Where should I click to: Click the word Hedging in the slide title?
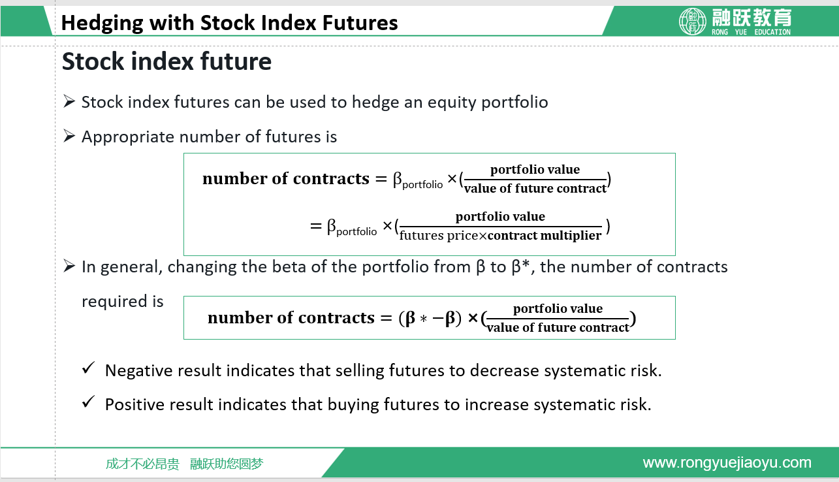click(x=102, y=24)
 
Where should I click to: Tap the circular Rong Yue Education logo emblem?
click(x=693, y=22)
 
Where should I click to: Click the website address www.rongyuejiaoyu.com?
click(x=727, y=462)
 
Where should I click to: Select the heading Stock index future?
click(x=166, y=61)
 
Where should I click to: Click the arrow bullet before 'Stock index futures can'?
click(x=69, y=101)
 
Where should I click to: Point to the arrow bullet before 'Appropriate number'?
click(x=69, y=136)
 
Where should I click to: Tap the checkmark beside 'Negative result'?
click(x=89, y=368)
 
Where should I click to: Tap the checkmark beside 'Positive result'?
click(x=89, y=402)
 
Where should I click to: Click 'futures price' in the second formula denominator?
click(x=439, y=236)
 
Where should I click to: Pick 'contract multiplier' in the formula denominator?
click(x=545, y=235)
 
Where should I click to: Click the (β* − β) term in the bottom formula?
click(x=430, y=318)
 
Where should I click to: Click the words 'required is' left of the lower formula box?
click(x=123, y=301)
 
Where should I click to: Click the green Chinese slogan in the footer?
click(x=184, y=464)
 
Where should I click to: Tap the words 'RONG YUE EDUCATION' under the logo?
click(x=751, y=32)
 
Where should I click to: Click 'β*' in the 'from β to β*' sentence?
click(x=520, y=266)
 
